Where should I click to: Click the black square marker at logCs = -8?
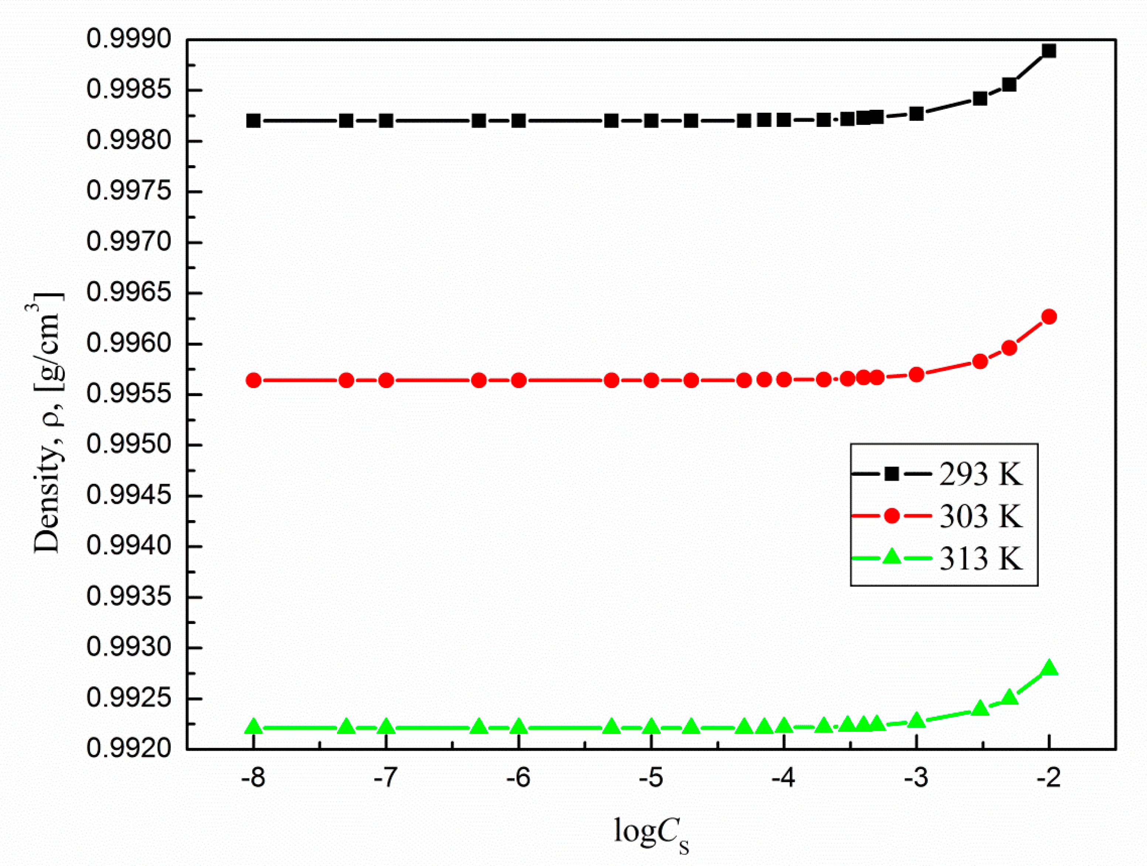tap(253, 121)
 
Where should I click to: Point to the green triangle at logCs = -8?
tap(253, 727)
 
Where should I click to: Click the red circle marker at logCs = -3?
tap(916, 374)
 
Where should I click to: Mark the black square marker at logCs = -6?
tap(518, 121)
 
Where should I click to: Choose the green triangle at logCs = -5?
tap(651, 727)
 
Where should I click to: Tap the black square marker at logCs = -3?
tap(916, 113)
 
